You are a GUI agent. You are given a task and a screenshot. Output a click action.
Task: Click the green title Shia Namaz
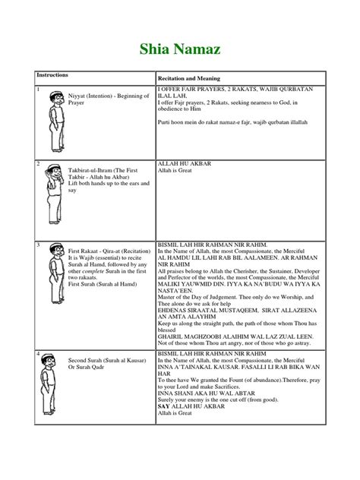(180, 50)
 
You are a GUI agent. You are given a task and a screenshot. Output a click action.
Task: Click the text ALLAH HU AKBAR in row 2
(182, 163)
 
